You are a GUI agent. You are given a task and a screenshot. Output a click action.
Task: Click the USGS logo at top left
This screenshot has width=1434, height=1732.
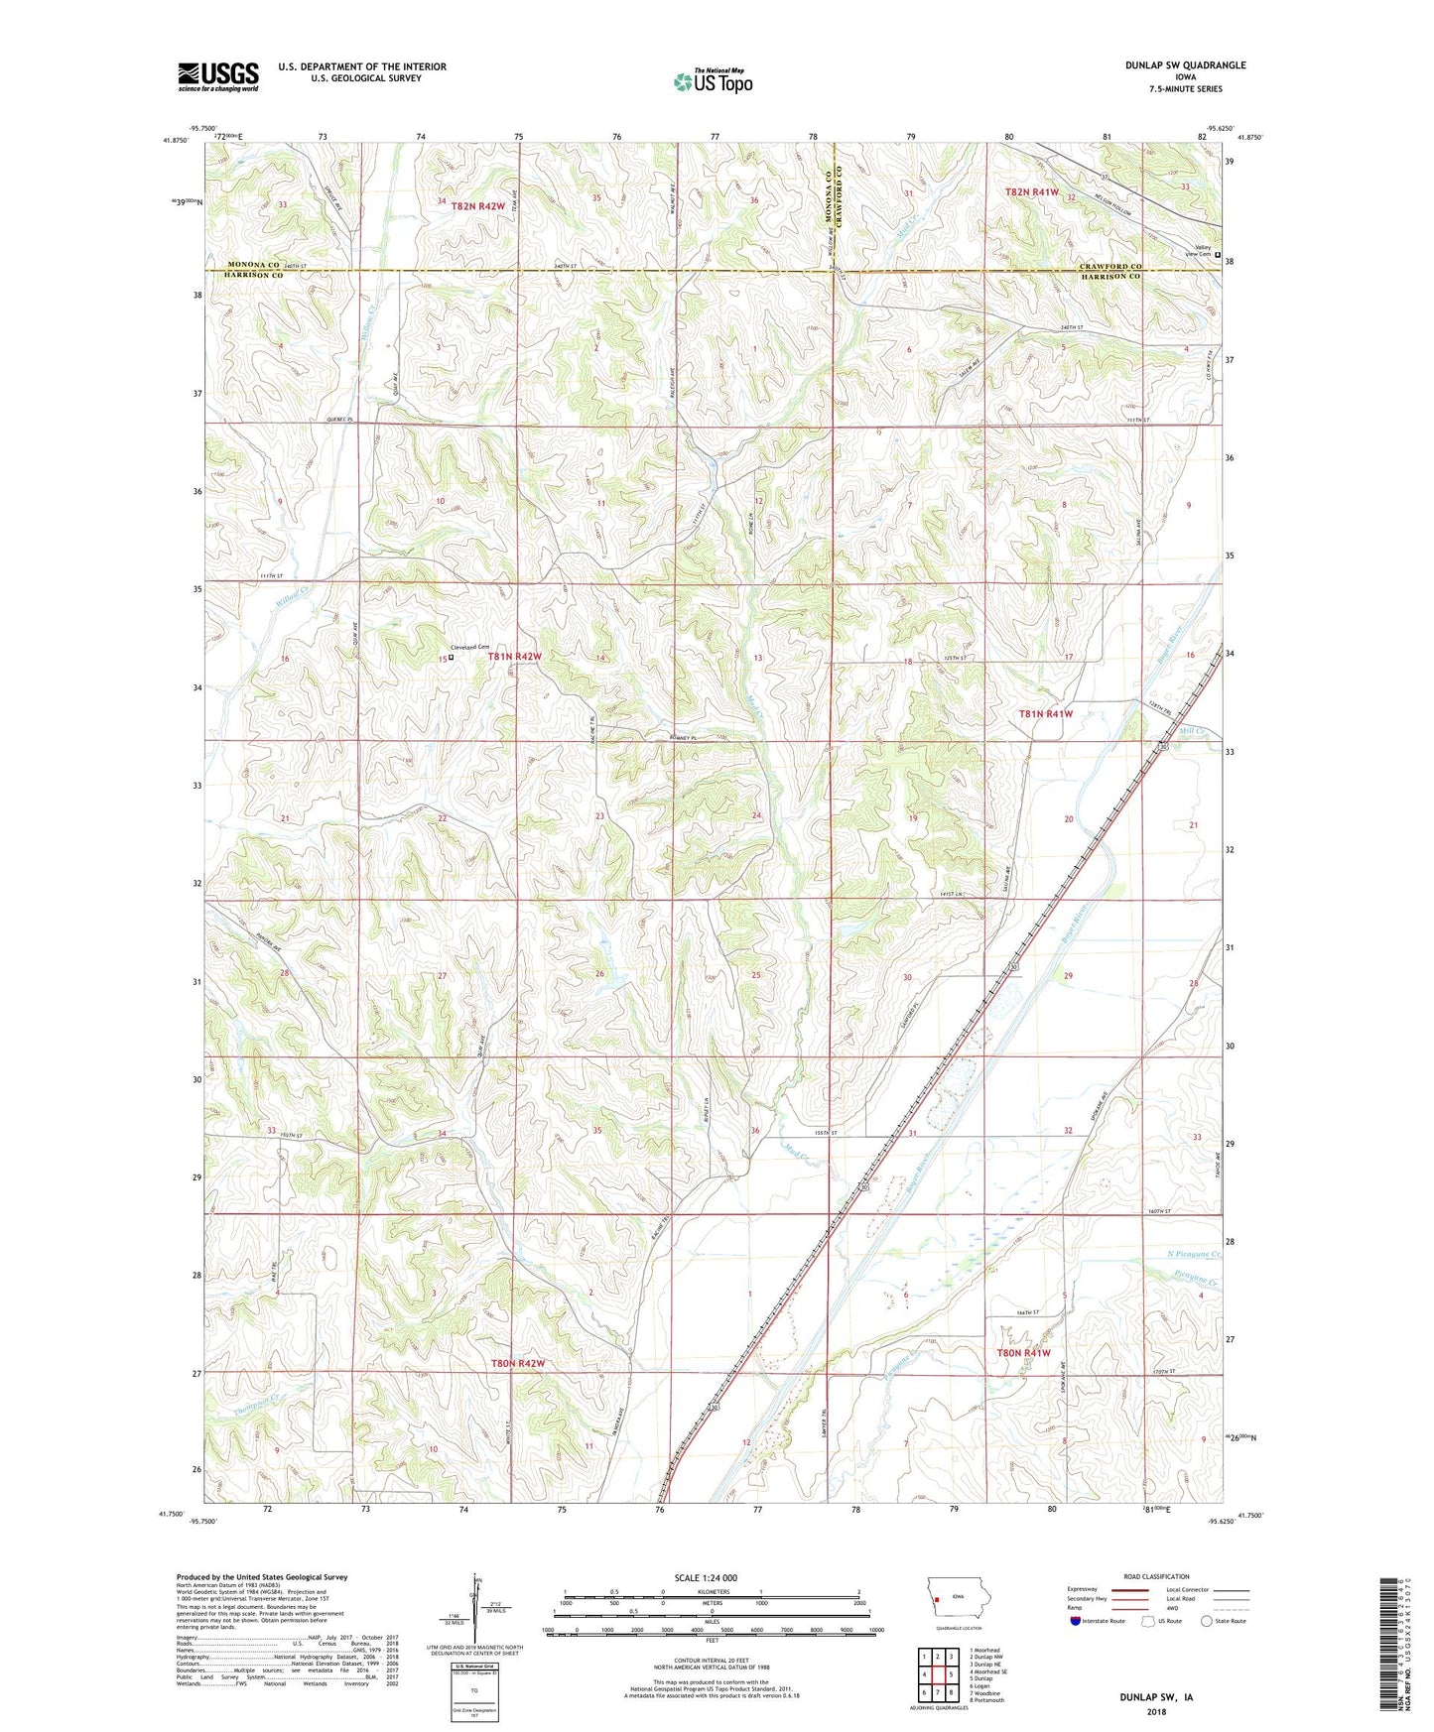218,76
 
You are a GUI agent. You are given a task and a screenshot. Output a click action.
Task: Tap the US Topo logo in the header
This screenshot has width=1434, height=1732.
713,81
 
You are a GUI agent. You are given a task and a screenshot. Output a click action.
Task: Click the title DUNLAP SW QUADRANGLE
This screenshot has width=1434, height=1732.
1185,65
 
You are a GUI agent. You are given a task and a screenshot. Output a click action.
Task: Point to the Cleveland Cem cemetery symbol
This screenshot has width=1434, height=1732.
451,657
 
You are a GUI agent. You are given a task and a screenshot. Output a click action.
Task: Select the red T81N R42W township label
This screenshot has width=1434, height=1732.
514,657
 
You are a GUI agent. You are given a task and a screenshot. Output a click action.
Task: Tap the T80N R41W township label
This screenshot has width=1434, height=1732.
1022,1353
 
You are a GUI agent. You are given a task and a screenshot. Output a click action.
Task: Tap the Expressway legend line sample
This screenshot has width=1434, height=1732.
1129,1590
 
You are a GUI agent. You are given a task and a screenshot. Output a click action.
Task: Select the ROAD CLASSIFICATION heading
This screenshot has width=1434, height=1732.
1156,1576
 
